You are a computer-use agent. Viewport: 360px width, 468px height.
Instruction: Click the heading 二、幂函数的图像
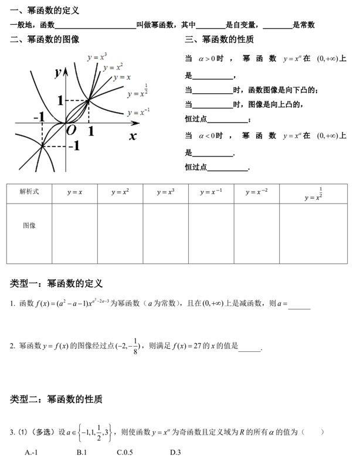45,40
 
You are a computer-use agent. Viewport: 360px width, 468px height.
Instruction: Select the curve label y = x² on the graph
113,67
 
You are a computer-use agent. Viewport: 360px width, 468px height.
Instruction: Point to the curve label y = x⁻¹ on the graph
138,112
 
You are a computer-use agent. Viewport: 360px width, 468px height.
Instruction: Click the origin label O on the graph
71,130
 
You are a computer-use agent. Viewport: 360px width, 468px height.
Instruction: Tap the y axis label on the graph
58,72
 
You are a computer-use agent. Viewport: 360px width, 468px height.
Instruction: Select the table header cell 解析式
29,192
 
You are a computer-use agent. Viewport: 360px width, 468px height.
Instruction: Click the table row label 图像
29,225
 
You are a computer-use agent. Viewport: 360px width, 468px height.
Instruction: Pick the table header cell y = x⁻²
257,192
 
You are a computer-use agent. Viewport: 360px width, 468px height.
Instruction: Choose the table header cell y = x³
165,192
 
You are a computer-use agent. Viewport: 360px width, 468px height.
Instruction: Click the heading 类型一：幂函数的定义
56,284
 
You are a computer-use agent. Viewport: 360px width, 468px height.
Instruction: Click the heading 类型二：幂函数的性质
56,399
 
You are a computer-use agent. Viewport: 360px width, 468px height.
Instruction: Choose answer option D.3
175,452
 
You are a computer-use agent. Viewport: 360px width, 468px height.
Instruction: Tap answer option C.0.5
125,452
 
